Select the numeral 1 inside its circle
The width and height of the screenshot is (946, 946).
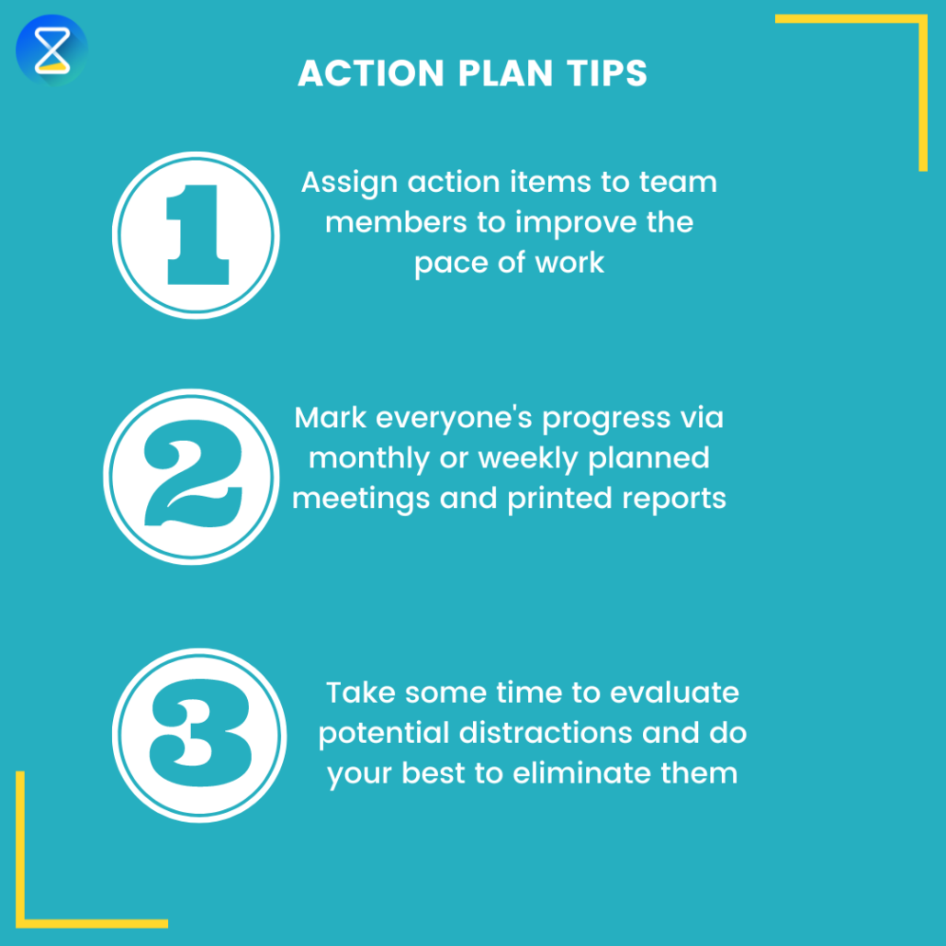(x=195, y=234)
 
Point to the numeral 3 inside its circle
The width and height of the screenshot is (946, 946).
(x=199, y=735)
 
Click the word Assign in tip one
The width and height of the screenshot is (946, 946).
(x=350, y=183)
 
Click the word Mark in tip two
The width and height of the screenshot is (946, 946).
(x=331, y=418)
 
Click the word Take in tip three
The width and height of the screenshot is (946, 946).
(x=359, y=692)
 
